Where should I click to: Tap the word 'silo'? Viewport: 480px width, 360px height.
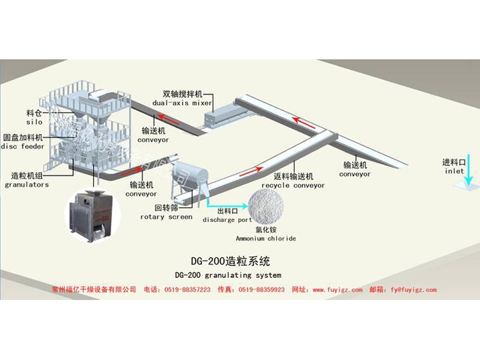[x=35, y=122]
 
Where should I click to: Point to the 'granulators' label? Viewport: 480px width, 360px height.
[x=27, y=185]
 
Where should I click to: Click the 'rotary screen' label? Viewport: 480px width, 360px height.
[x=166, y=217]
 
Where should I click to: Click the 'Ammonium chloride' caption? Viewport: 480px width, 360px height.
[x=265, y=238]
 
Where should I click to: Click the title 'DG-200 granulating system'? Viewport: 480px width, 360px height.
[x=227, y=275]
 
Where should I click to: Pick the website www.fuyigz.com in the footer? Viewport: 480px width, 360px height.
[x=337, y=290]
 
